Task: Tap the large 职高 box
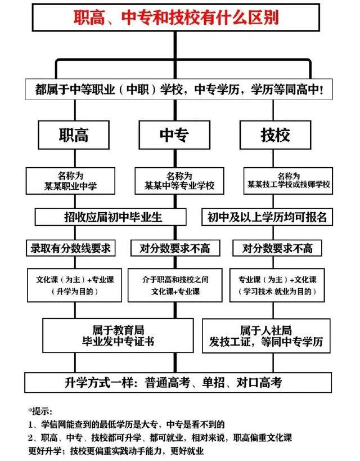tap(73, 135)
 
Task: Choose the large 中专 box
tap(174, 135)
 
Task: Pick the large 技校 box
tap(276, 135)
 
